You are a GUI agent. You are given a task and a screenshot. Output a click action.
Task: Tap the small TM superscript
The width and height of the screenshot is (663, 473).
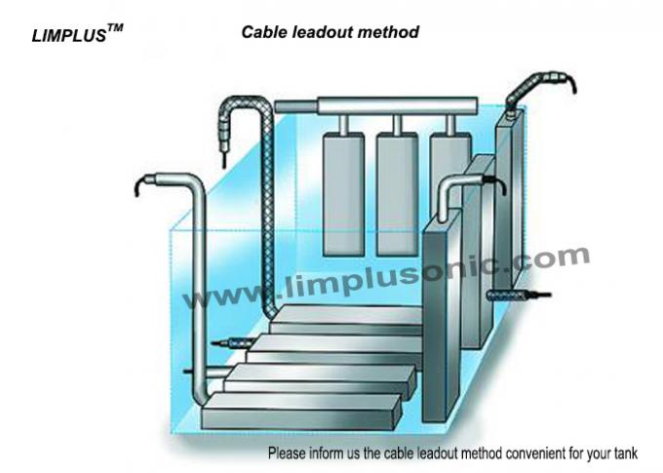click(115, 29)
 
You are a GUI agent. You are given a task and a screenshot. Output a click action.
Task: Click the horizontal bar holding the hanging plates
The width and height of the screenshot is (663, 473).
click(375, 104)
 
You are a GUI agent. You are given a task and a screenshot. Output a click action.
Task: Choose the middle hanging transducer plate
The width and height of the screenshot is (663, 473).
click(398, 185)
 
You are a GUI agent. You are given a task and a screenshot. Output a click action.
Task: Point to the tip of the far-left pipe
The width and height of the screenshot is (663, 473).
click(143, 181)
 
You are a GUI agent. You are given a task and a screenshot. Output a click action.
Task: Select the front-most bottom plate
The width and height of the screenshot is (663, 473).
click(302, 415)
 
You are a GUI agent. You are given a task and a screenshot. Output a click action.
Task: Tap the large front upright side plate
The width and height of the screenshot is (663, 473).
click(452, 312)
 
